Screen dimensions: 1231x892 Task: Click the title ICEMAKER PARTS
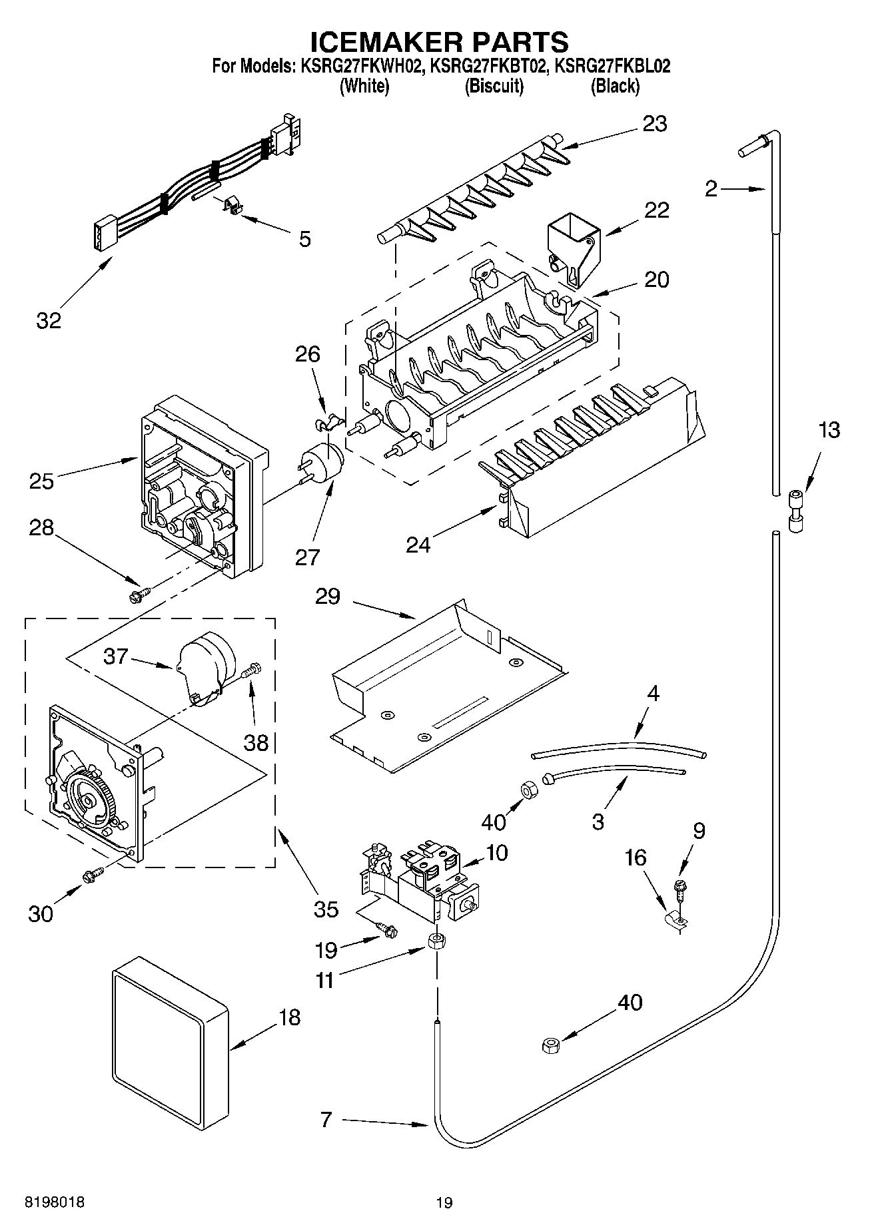[x=440, y=41]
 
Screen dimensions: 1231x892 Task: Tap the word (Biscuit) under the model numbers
[x=494, y=86]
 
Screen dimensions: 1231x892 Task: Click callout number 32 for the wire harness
[x=49, y=320]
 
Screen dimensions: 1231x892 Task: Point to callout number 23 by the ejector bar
[x=654, y=124]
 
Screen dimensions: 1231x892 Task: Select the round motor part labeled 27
[x=324, y=460]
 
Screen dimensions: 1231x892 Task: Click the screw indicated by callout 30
[x=92, y=876]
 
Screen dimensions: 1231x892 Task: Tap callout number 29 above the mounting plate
[x=328, y=597]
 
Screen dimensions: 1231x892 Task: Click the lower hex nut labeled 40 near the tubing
[x=550, y=1046]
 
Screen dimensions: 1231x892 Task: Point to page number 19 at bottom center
[x=444, y=1202]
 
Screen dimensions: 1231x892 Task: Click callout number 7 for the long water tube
[x=326, y=1120]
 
